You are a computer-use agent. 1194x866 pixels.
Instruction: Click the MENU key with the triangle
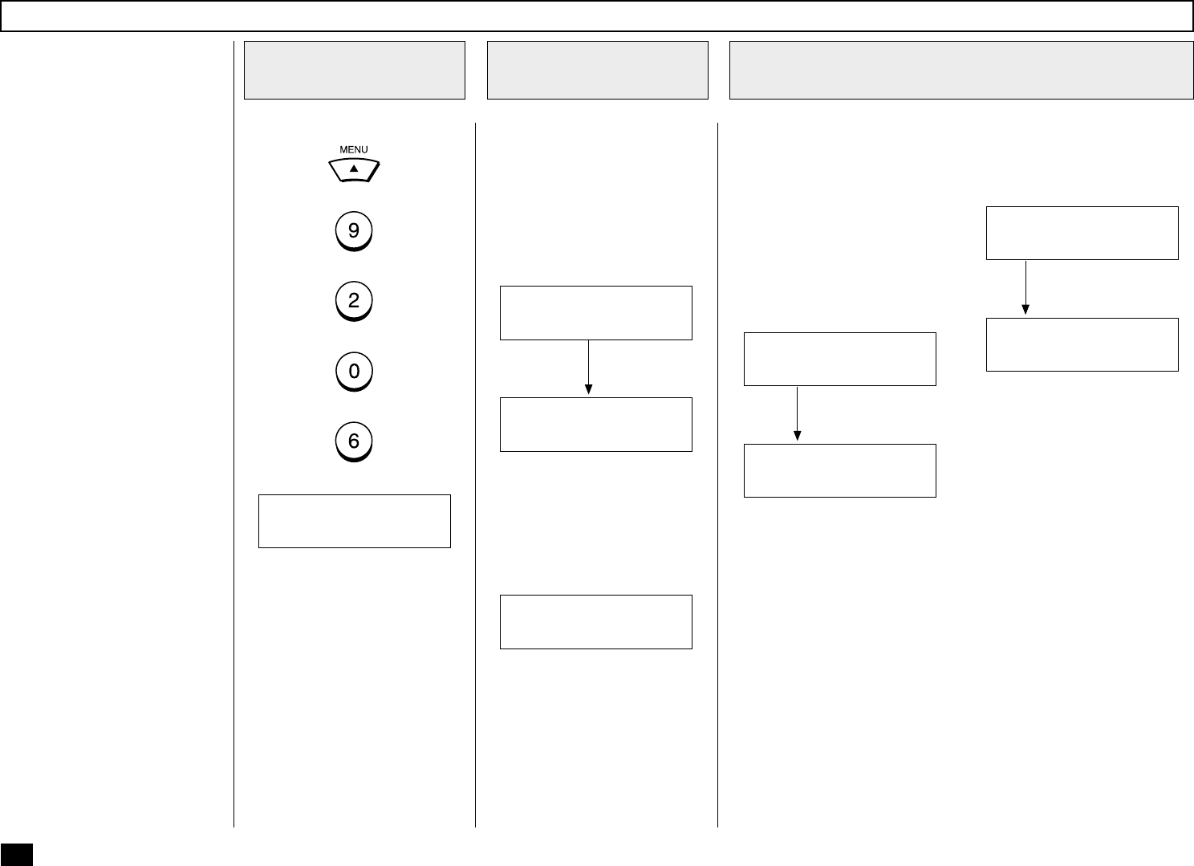point(354,170)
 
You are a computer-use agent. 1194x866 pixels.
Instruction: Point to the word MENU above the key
point(354,149)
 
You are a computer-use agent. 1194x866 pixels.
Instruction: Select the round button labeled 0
point(354,372)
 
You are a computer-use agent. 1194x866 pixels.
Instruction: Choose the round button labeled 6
point(354,441)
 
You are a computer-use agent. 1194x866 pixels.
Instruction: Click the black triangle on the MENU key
point(354,169)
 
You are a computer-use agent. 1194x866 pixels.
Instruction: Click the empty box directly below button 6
point(354,521)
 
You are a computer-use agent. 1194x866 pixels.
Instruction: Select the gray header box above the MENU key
point(354,71)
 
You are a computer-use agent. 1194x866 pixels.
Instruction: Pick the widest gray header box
point(960,71)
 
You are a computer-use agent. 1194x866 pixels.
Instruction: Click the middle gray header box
point(597,71)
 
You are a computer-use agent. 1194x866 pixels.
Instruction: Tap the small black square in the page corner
point(17,855)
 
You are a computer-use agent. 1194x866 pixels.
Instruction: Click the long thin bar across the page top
point(597,16)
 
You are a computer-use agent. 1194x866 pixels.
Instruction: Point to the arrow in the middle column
point(588,368)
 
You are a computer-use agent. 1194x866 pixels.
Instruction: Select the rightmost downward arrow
point(1025,287)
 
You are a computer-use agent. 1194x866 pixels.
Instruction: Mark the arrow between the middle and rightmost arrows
point(797,414)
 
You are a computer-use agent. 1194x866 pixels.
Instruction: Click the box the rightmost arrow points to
point(1082,344)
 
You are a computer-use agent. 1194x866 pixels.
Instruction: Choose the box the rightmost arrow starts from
point(1082,233)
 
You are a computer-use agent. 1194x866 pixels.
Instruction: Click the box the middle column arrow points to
point(595,424)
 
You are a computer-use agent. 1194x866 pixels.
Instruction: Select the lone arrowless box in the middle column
point(595,621)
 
